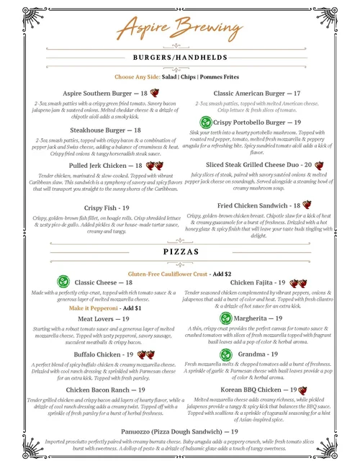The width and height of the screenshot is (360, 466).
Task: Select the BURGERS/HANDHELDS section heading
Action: point(180,58)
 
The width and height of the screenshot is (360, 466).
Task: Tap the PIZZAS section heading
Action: point(180,253)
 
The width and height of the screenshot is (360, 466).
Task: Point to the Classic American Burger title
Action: point(257,94)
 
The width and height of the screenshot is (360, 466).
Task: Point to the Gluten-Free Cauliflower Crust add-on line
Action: point(179,274)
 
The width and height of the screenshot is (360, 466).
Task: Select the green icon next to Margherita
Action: point(226,318)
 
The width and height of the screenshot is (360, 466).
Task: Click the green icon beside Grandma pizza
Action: point(226,354)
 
